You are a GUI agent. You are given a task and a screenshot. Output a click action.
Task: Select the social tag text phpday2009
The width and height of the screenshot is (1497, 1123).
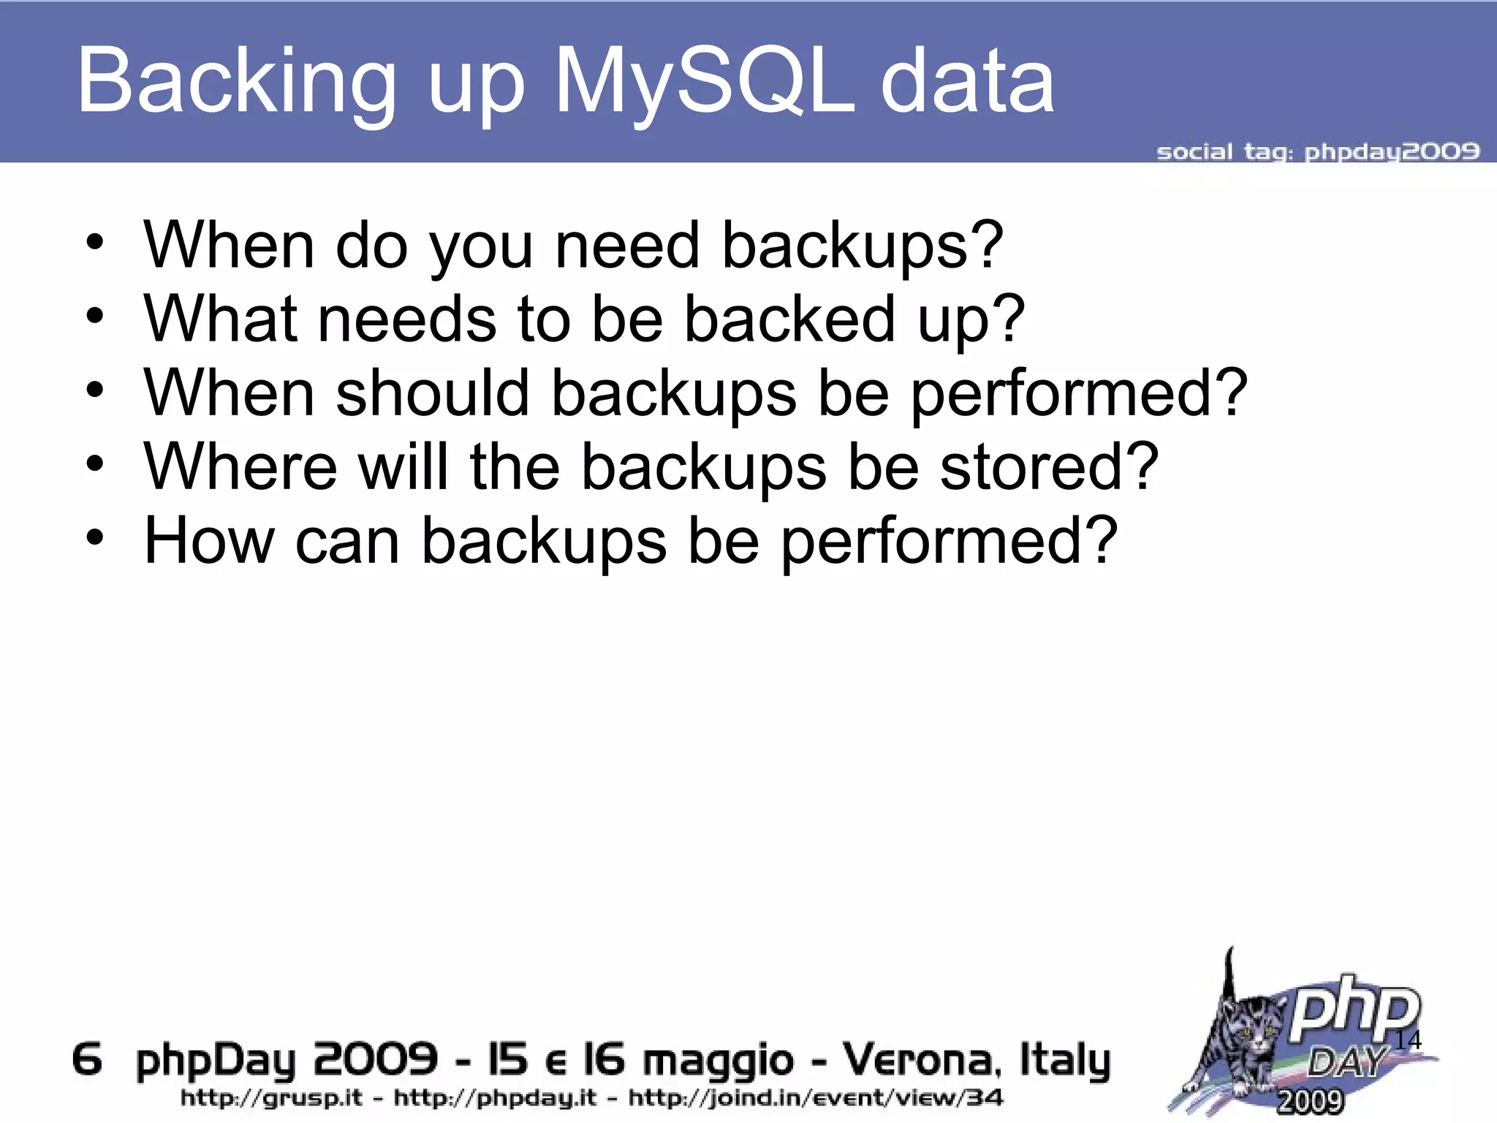click(1392, 152)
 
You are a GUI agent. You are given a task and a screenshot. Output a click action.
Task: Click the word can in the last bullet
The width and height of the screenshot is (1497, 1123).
click(347, 541)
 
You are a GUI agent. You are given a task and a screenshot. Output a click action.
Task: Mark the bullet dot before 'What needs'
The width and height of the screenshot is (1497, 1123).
click(94, 317)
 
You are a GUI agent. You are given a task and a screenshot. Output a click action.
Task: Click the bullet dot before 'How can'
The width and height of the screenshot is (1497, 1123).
click(94, 538)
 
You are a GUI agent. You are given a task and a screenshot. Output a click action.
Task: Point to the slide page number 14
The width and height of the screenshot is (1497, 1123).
click(1408, 1040)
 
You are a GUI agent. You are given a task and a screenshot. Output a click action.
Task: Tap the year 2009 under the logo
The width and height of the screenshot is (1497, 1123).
click(1310, 1101)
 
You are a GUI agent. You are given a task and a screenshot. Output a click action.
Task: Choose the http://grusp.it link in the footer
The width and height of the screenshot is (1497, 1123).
click(271, 1098)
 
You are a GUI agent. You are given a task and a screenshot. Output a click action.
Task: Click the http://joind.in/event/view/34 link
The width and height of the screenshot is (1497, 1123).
click(816, 1098)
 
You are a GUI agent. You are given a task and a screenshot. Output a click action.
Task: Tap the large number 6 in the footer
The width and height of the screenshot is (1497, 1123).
click(87, 1059)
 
